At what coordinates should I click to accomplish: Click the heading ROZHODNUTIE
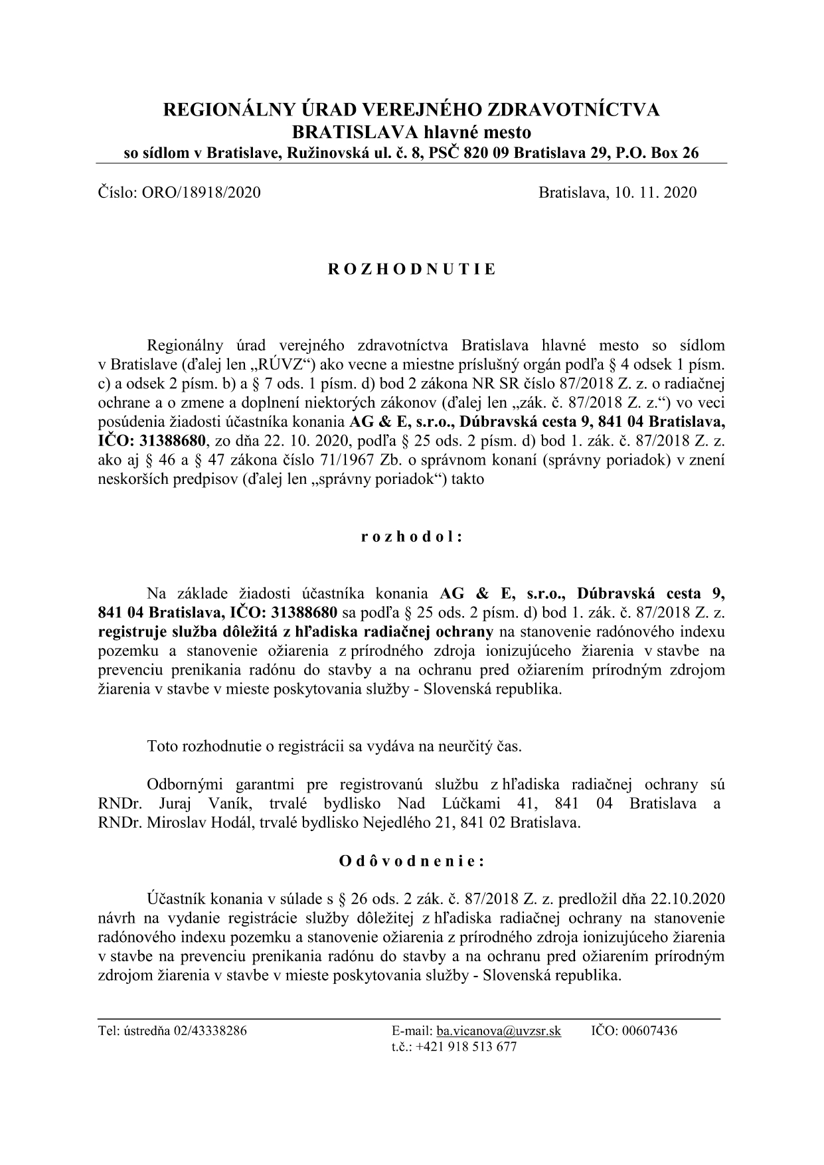pyautogui.click(x=412, y=270)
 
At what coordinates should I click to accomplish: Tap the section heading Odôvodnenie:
pyautogui.click(x=412, y=862)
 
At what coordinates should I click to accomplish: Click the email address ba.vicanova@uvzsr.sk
pyautogui.click(x=499, y=1031)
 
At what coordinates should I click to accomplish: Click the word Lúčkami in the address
pyautogui.click(x=471, y=804)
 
